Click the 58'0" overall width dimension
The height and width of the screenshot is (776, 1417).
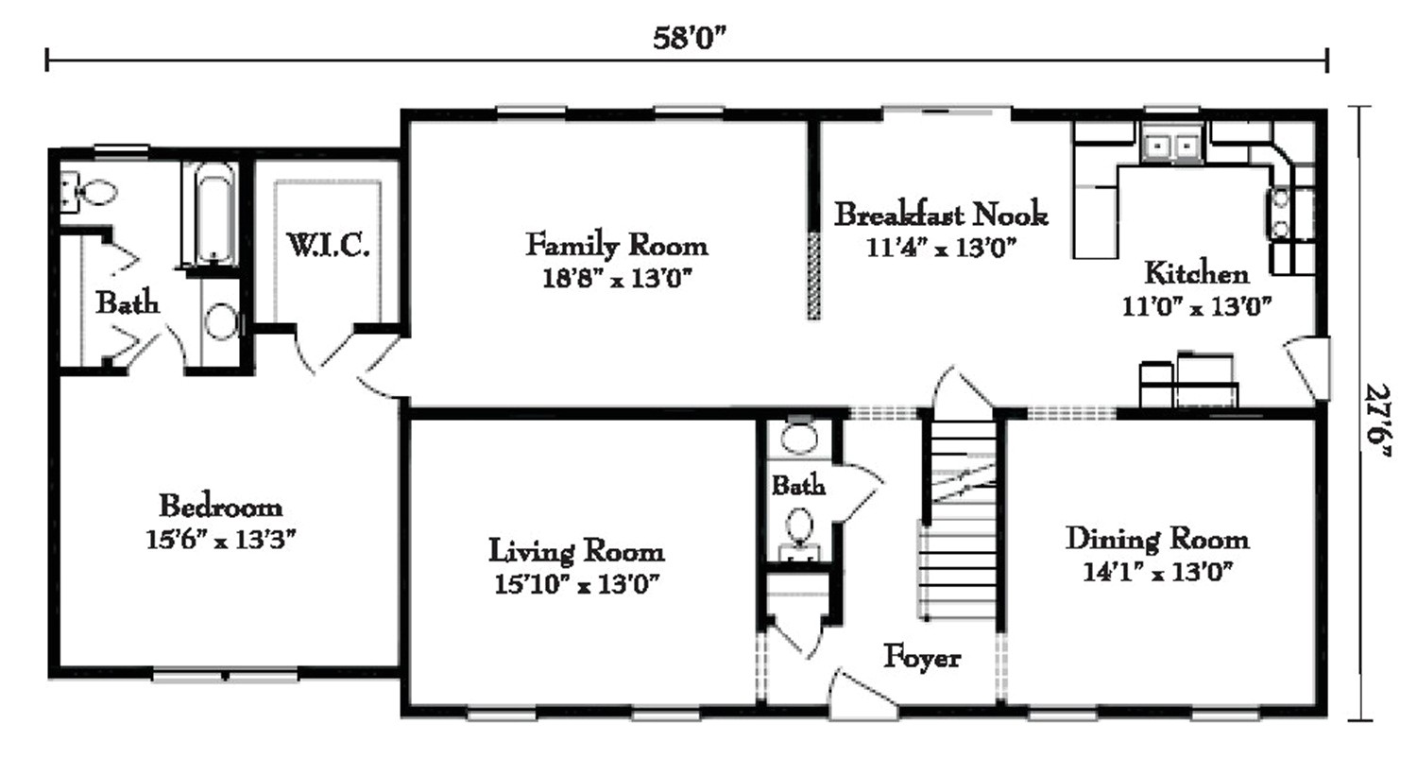pyautogui.click(x=689, y=38)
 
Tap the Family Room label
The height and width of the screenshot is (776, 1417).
pyautogui.click(x=616, y=245)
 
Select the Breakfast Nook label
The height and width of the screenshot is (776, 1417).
pyautogui.click(x=940, y=215)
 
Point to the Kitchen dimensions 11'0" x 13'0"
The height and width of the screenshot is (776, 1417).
pyautogui.click(x=1196, y=306)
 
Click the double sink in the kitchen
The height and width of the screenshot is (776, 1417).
pyautogui.click(x=1170, y=146)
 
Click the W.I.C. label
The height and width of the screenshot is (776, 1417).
pyautogui.click(x=328, y=246)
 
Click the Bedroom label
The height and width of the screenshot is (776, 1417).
pyautogui.click(x=220, y=506)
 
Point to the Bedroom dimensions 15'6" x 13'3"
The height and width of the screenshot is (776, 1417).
pyautogui.click(x=222, y=540)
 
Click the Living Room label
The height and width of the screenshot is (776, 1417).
pyautogui.click(x=575, y=550)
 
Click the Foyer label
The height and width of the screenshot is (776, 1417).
pyautogui.click(x=922, y=657)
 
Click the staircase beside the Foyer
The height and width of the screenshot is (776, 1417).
pyautogui.click(x=959, y=520)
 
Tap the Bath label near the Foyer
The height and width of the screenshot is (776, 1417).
pyautogui.click(x=798, y=486)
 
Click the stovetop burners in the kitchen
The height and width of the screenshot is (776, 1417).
pyautogui.click(x=1280, y=214)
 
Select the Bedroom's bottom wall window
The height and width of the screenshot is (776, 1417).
pyautogui.click(x=226, y=675)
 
